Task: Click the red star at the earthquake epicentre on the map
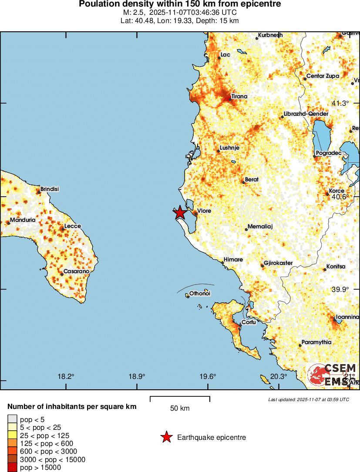(x=180, y=213)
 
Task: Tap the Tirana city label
(x=239, y=96)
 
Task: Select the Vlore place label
(x=204, y=211)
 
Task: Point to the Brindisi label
(x=49, y=189)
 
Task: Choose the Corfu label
(x=249, y=322)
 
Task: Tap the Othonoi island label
(x=200, y=294)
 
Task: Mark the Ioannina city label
(x=347, y=317)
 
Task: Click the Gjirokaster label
(x=278, y=263)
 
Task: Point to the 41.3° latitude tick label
(x=340, y=103)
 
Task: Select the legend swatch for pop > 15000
(x=12, y=468)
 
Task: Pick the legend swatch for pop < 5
(x=12, y=419)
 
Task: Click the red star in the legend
(x=166, y=437)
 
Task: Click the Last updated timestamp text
(x=308, y=399)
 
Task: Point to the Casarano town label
(x=76, y=271)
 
